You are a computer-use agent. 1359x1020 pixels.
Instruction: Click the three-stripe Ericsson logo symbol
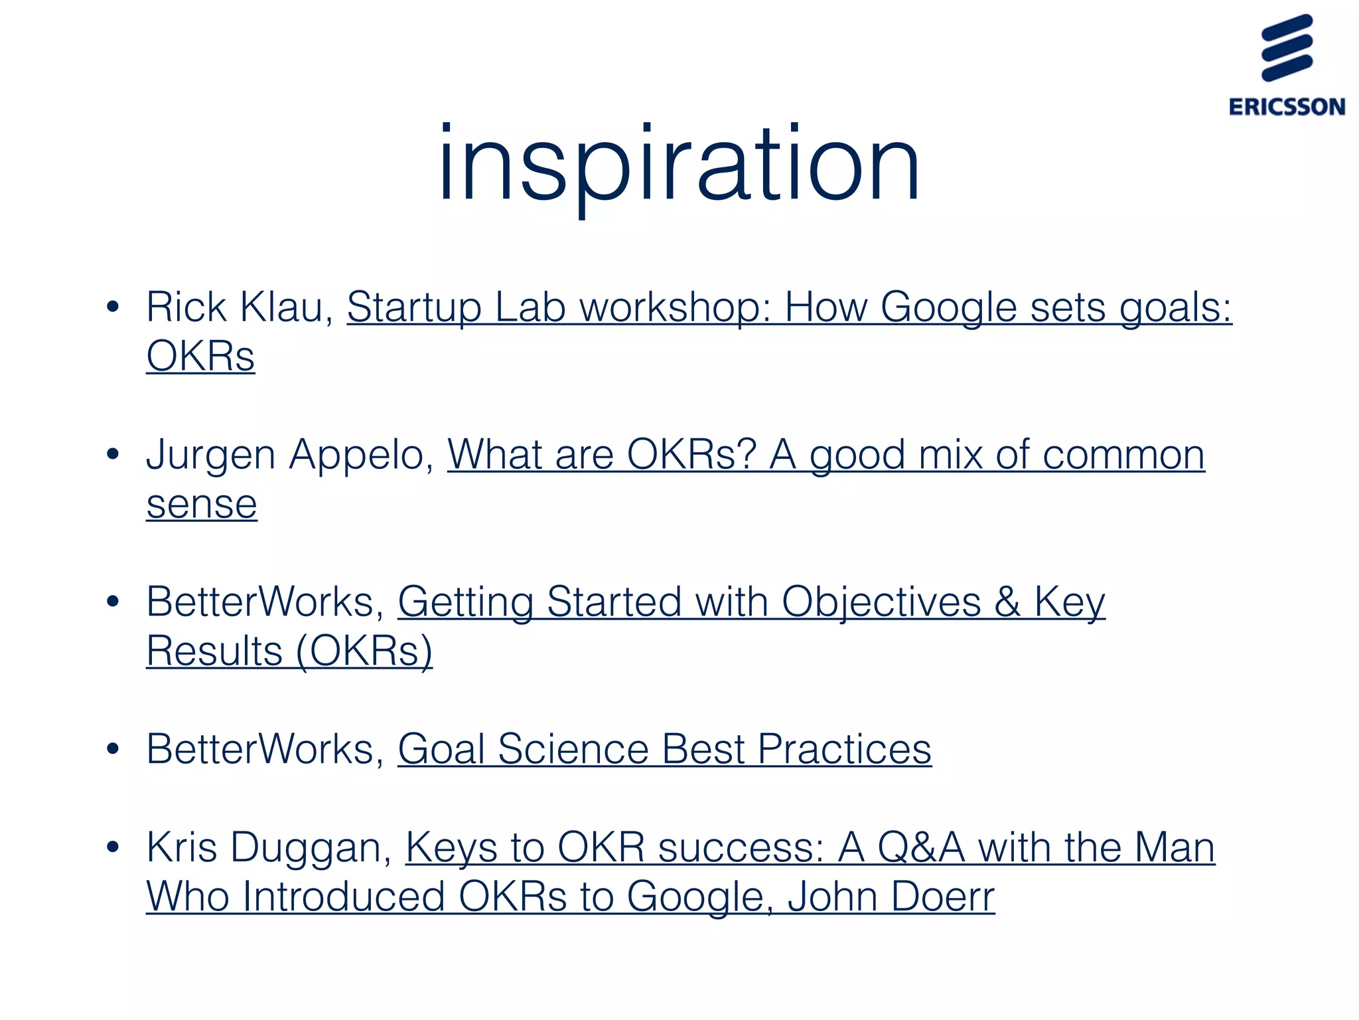pos(1287,48)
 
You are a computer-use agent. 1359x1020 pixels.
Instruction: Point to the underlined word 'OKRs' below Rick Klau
pos(200,357)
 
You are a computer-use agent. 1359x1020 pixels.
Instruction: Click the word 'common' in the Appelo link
pos(1123,456)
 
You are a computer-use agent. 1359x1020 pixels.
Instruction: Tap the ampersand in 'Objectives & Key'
pos(1007,602)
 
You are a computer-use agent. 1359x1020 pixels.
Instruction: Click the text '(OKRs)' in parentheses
pos(364,651)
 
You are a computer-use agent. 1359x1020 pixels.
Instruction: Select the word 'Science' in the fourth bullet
pos(573,750)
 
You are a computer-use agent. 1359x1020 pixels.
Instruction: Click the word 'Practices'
pos(844,750)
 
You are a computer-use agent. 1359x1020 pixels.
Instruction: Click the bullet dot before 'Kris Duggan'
pos(113,847)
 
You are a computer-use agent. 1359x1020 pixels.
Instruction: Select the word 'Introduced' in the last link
pos(344,897)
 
